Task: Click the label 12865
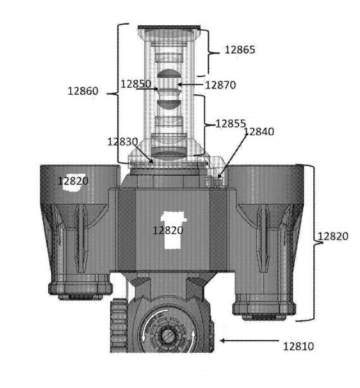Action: coord(240,50)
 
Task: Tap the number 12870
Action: coord(221,85)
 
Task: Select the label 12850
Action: coord(136,84)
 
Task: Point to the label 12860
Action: coord(83,91)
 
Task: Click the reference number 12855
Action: coord(231,123)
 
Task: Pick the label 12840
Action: coord(259,131)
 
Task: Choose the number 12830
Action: coord(122,142)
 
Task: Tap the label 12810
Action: coord(298,346)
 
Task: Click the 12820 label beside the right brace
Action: coord(333,236)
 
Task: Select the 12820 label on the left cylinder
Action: coord(73,181)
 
